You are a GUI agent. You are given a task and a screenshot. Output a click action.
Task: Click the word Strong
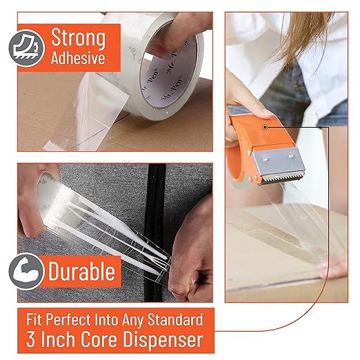pyautogui.click(x=77, y=35)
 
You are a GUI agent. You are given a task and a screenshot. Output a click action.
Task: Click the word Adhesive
pyautogui.click(x=77, y=58)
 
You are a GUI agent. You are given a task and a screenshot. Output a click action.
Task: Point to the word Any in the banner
pyautogui.click(x=134, y=320)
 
